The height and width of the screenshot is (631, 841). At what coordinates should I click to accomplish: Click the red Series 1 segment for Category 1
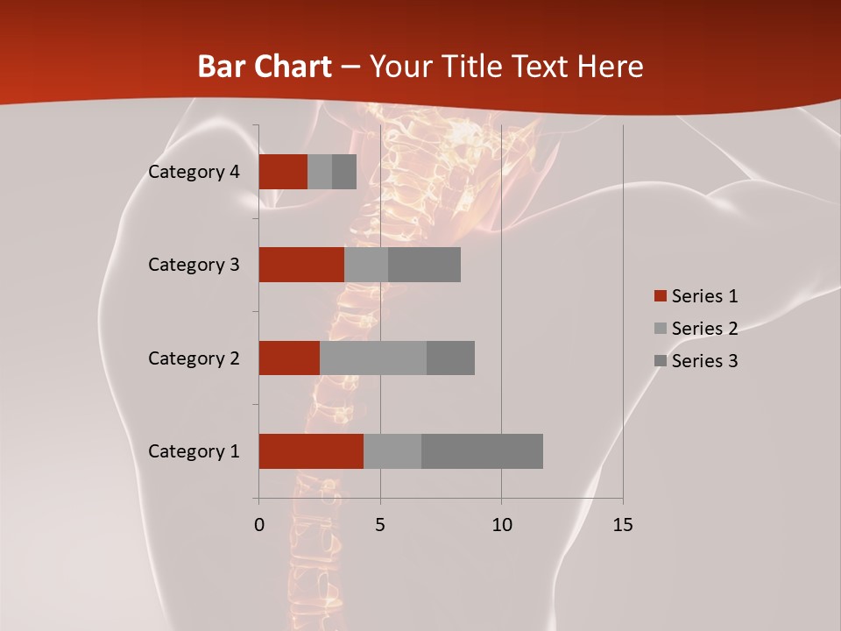pos(311,451)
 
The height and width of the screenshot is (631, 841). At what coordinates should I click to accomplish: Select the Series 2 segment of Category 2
pos(373,358)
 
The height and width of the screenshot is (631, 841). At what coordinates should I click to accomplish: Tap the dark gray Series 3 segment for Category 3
pos(424,265)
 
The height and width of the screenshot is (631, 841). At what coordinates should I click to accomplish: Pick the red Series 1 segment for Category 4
pos(283,172)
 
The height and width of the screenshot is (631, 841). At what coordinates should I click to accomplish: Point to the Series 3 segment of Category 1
pos(482,451)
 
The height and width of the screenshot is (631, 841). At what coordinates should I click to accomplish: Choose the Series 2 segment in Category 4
pos(320,172)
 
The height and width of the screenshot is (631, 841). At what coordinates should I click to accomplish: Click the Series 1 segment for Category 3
pos(301,265)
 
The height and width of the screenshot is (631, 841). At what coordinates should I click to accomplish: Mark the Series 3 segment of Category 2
pos(450,358)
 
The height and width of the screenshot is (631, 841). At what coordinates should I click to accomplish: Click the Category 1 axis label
pos(194,451)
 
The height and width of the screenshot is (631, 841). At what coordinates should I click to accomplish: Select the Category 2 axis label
pos(194,358)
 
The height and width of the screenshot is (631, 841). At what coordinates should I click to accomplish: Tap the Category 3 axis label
pos(194,265)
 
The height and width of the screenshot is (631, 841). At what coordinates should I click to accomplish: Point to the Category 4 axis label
pos(194,172)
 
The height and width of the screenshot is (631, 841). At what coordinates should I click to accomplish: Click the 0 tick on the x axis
pos(259,525)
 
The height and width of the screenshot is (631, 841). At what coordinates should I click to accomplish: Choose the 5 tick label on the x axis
pos(380,525)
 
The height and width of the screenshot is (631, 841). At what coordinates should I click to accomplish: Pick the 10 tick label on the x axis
pos(501,525)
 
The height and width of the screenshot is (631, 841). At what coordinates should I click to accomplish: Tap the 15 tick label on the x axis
pos(623,525)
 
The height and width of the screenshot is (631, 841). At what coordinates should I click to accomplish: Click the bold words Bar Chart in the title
pos(264,67)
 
